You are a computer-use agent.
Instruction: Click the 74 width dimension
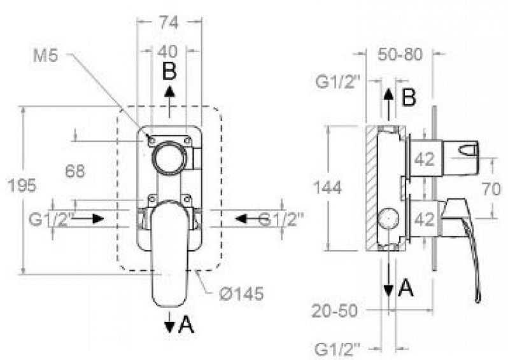pos(169,22)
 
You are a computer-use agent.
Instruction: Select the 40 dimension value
pos(167,52)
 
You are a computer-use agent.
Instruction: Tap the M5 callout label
pos(45,56)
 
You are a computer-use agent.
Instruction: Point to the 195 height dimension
pos(22,186)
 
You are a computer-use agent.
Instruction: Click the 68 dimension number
pos(75,170)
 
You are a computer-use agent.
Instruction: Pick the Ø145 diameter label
pos(241,294)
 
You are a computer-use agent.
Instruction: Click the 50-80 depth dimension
pos(400,55)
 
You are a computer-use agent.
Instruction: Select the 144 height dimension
pos(328,188)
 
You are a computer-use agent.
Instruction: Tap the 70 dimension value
pos(491,189)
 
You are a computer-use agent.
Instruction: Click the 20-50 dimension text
pos(334,311)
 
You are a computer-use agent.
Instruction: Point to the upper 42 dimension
pos(425,159)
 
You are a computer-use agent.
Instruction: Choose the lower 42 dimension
pos(425,219)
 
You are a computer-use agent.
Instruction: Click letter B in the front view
pos(169,71)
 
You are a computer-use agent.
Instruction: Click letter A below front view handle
pos(187,325)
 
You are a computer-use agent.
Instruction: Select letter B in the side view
pos(409,97)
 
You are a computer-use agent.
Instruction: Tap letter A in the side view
pos(406,288)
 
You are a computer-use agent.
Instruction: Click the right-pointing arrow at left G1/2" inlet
pos(87,219)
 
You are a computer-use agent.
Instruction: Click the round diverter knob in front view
pos(169,158)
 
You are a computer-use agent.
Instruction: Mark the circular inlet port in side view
pos(388,219)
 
